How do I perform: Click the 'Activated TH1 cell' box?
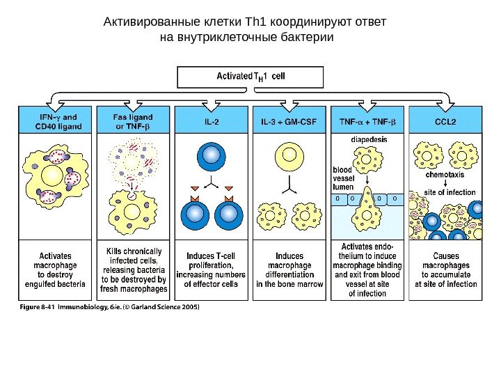tap(250, 77)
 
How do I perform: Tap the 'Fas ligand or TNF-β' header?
tap(134, 122)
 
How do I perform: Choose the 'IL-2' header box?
tap(212, 122)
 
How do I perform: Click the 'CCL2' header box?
tap(445, 122)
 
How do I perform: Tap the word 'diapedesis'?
tap(369, 139)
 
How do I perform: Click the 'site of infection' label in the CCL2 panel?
tap(450, 192)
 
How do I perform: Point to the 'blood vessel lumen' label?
tap(342, 178)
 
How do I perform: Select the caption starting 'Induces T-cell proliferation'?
tap(212, 269)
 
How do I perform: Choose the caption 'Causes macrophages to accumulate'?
tap(445, 269)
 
